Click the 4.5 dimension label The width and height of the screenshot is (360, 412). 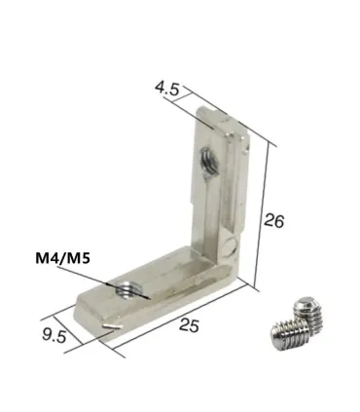tap(167, 89)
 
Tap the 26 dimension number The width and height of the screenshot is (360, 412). tap(274, 220)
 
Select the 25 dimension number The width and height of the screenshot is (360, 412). tap(189, 325)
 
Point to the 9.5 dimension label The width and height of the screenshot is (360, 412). tap(54, 335)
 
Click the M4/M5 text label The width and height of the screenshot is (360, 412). tap(62, 258)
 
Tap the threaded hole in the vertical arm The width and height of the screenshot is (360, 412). tap(206, 159)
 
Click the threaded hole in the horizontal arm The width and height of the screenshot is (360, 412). tap(125, 288)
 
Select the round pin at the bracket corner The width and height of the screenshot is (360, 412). tap(231, 245)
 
